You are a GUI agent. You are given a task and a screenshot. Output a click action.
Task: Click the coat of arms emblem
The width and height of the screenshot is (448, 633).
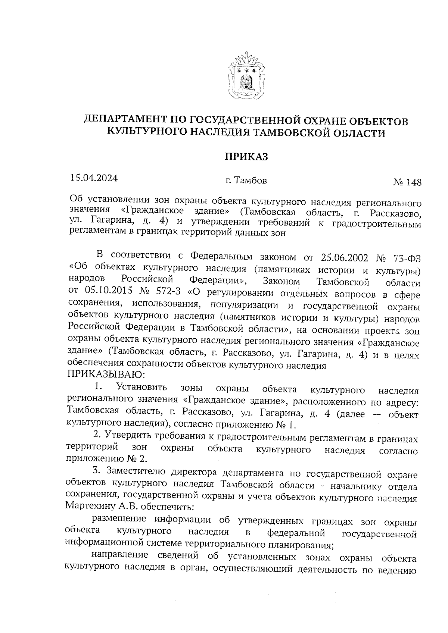click(x=246, y=77)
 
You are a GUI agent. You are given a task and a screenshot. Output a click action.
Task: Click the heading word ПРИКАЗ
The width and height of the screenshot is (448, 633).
click(x=246, y=156)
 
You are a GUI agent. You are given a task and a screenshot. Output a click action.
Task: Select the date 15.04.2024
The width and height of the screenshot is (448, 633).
click(x=94, y=178)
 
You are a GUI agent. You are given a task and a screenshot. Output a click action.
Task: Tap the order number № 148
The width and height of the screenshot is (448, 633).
click(x=407, y=182)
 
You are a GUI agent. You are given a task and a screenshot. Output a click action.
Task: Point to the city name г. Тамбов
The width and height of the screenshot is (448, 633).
click(x=246, y=181)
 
